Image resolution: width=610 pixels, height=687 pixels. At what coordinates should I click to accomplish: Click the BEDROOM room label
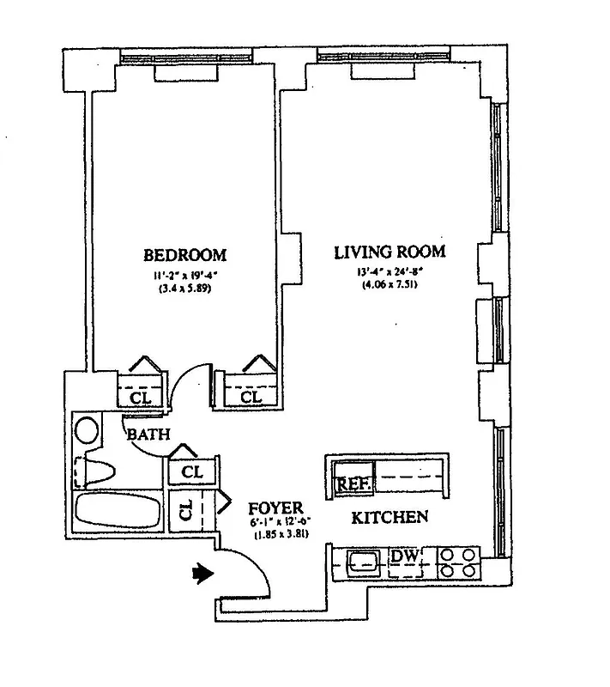click(184, 255)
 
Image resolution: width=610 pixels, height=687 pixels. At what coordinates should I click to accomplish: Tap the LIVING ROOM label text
click(390, 252)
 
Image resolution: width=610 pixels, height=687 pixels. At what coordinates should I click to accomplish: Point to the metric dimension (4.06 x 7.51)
click(390, 285)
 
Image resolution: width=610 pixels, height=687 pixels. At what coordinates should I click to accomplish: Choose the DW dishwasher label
click(405, 556)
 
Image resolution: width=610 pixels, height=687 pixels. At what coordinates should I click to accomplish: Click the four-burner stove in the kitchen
click(459, 562)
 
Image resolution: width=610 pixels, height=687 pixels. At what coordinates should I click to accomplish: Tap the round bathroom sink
click(88, 429)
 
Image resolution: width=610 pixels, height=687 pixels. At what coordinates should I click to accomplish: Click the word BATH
click(148, 435)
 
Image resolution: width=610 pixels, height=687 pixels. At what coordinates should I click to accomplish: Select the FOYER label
click(273, 508)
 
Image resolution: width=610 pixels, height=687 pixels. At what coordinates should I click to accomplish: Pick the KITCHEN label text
click(390, 518)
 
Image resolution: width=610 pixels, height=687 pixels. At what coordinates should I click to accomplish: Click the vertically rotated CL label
click(186, 513)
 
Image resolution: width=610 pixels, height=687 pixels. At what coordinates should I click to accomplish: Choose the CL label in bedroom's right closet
click(250, 398)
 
